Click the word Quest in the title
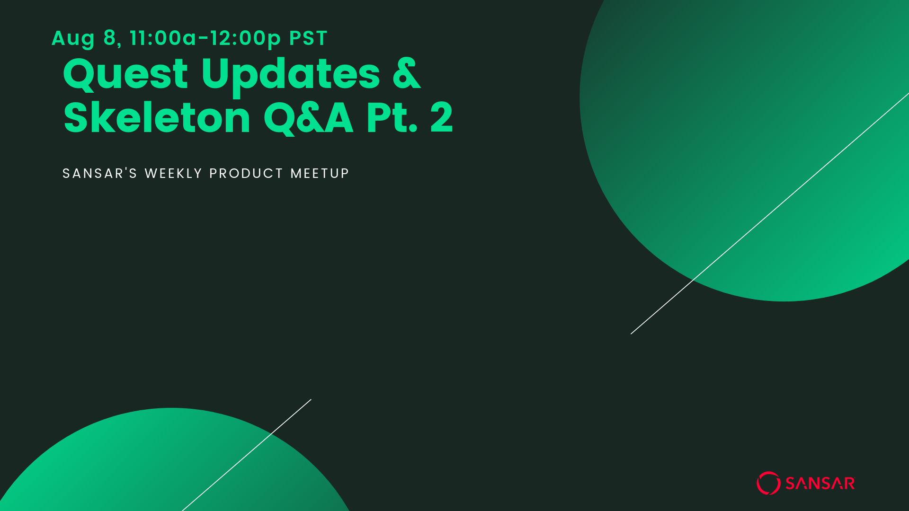125,75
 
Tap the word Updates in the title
291,76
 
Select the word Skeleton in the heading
157,117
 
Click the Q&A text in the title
308,118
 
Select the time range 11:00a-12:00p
205,38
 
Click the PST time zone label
308,38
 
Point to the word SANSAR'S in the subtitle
100,174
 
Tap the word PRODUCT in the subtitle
246,174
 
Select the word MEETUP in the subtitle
320,174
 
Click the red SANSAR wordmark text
820,484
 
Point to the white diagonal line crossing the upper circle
770,213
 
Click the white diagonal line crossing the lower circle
247,455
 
